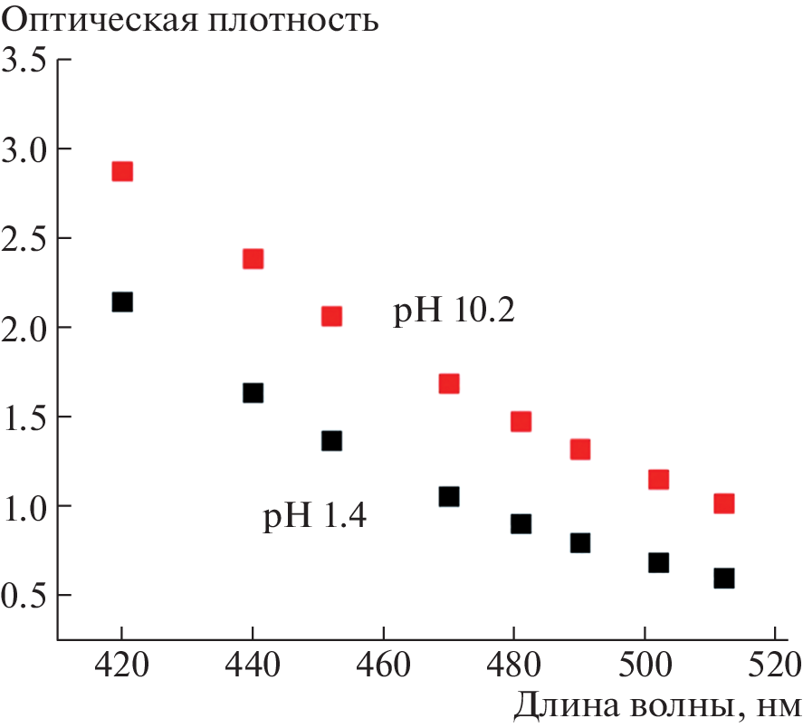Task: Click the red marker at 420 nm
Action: [122, 172]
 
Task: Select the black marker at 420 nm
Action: [122, 302]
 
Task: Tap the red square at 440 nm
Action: [253, 259]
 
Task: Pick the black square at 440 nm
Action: [253, 393]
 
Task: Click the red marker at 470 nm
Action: [449, 384]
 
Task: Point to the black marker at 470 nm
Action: [449, 497]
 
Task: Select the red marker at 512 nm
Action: [723, 503]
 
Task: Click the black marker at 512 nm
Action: [723, 578]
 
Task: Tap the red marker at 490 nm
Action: [580, 449]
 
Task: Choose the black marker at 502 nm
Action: [658, 562]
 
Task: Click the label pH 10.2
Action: [454, 312]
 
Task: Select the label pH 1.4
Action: [314, 518]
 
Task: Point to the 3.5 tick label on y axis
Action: [24, 61]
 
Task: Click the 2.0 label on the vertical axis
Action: [24, 328]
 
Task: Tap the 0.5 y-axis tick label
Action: [24, 596]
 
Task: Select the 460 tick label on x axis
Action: [384, 670]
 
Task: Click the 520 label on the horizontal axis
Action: [775, 670]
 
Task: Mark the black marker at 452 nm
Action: [331, 441]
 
